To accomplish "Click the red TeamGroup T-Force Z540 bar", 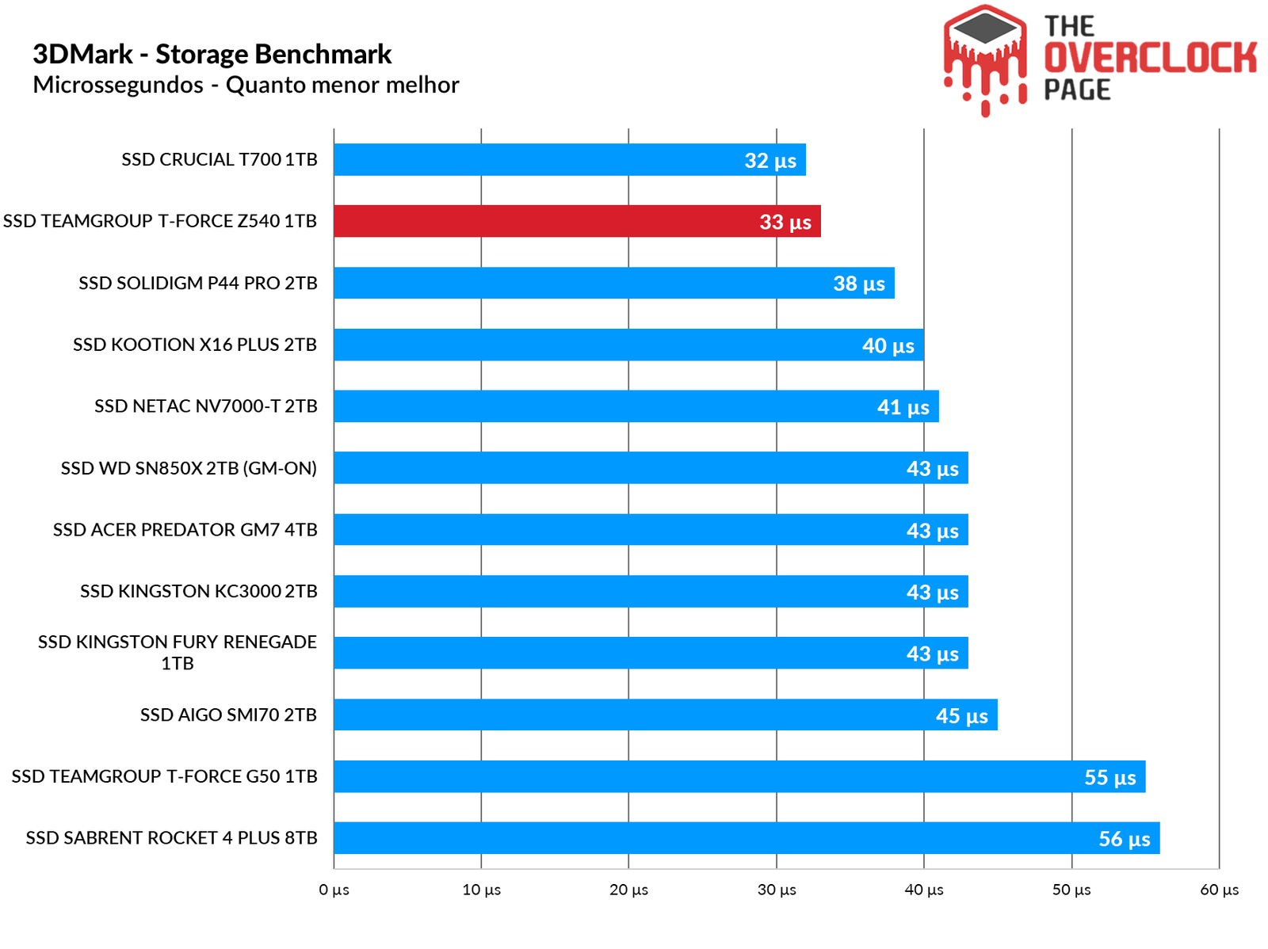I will click(577, 221).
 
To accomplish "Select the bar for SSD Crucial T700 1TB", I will click(569, 160).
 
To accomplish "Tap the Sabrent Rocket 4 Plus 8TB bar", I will click(747, 838).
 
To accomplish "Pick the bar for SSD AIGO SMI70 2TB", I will click(665, 715).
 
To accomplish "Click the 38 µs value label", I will click(859, 284).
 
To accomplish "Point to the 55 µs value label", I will click(1109, 777).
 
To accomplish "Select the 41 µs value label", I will click(903, 407).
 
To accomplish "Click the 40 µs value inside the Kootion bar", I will click(888, 345).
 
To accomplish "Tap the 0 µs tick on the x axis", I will click(334, 890).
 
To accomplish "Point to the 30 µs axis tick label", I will click(777, 890).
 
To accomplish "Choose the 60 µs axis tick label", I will click(1219, 890).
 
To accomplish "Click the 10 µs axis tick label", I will click(481, 890).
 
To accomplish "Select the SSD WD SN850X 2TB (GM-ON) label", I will click(189, 468).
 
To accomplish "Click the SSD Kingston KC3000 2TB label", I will click(198, 591).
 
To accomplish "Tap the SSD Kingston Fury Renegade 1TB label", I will click(178, 652).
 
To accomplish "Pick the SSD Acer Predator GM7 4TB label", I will click(185, 530).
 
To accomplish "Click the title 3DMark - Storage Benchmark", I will click(212, 54).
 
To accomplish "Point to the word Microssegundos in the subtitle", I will click(118, 85).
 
